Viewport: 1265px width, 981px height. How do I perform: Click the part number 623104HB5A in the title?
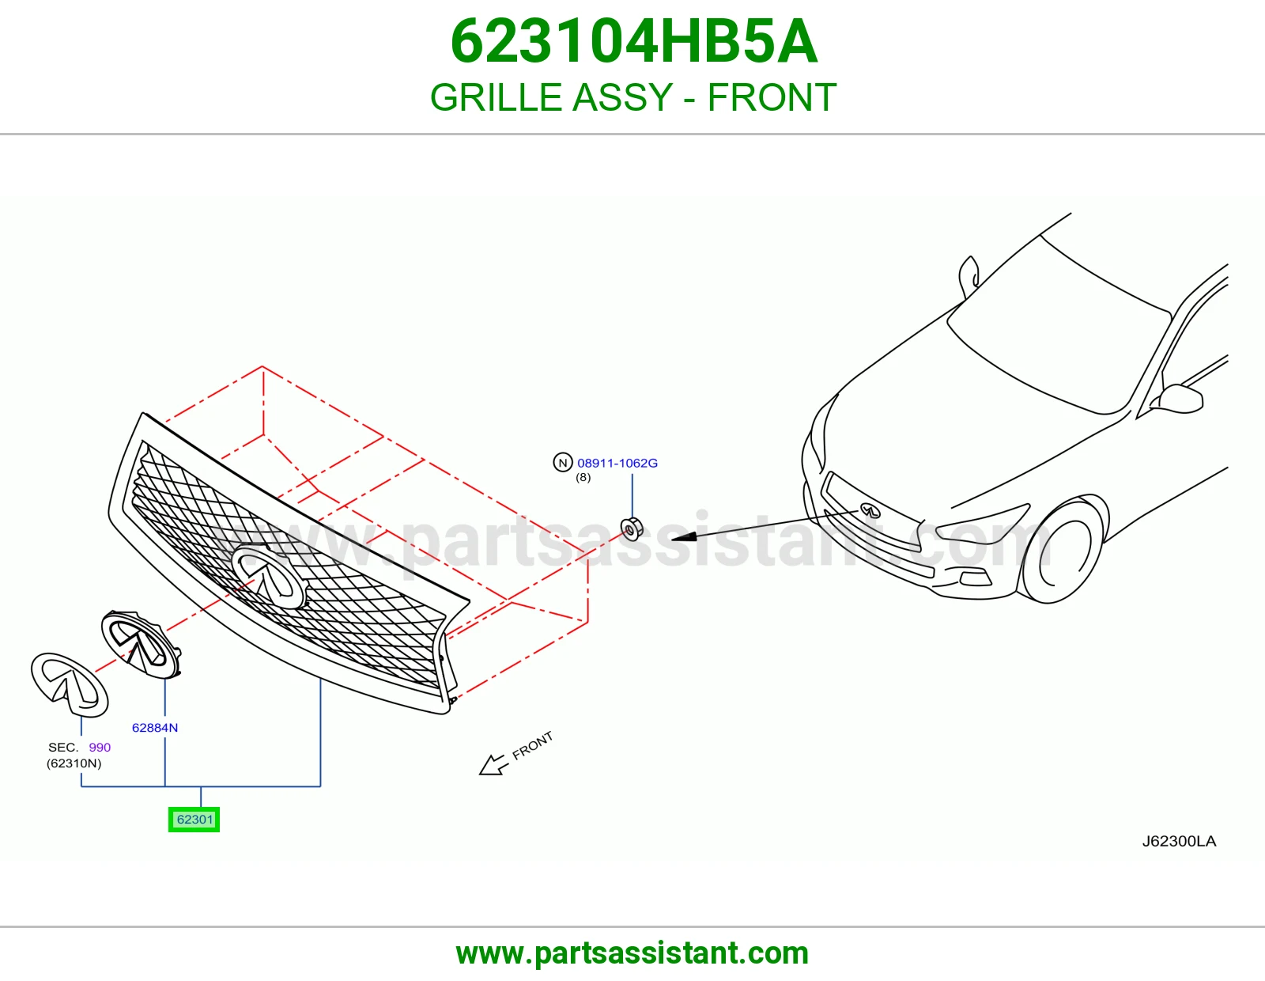[x=634, y=41]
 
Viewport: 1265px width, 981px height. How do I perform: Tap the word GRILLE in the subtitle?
[x=493, y=97]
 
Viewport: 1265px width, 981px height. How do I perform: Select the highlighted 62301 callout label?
[x=194, y=820]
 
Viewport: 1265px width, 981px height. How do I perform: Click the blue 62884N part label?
[x=155, y=728]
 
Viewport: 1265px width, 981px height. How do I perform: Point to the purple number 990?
[x=100, y=748]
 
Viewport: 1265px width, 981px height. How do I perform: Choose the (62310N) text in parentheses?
[x=74, y=763]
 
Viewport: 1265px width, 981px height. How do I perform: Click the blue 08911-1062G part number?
[x=617, y=463]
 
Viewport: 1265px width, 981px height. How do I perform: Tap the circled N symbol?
[x=562, y=463]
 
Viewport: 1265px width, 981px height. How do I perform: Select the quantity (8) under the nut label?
[x=583, y=478]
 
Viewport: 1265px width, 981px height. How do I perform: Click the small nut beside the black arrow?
[x=632, y=529]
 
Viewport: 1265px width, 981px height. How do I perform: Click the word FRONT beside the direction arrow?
[x=532, y=746]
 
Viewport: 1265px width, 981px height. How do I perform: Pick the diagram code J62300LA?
[x=1179, y=841]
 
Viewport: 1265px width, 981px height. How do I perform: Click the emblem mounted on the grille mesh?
[x=268, y=577]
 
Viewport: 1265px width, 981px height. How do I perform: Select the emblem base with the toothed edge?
[x=142, y=644]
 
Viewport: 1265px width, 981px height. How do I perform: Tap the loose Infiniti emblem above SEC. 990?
[x=70, y=684]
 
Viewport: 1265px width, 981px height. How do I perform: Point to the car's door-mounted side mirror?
[x=1180, y=399]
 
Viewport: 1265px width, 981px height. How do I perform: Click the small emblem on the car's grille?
[x=871, y=510]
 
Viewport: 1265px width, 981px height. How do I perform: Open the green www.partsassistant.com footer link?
[x=632, y=954]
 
